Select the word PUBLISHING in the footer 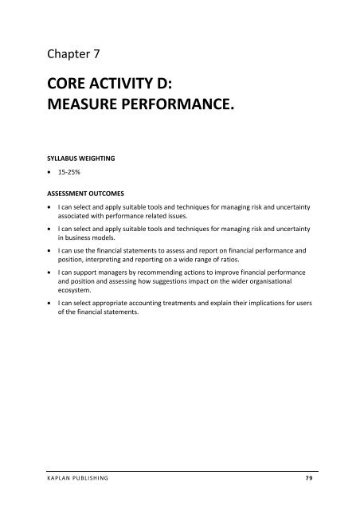104,480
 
